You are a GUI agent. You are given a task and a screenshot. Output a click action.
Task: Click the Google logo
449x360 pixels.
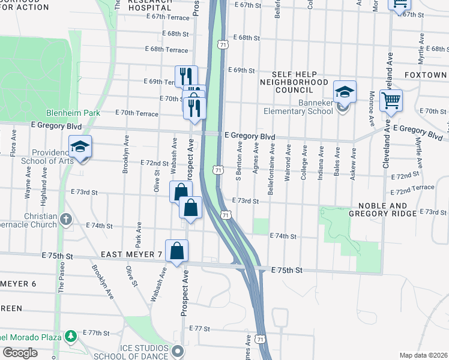[x=20, y=352]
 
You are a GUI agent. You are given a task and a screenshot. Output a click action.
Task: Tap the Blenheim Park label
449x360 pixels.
[x=66, y=113]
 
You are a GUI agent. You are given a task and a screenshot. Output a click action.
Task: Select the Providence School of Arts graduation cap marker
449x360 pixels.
[x=80, y=147]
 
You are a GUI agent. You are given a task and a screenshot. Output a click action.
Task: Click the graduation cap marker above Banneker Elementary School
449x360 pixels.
[x=345, y=92]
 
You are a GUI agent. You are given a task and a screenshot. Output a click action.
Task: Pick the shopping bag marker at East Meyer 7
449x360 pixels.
[x=177, y=251]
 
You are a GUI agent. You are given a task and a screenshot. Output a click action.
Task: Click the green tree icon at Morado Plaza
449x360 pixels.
[x=71, y=335]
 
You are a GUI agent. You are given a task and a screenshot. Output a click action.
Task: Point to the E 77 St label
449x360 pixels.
[x=200, y=329]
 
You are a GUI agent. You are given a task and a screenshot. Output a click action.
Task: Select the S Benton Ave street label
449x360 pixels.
[x=239, y=161]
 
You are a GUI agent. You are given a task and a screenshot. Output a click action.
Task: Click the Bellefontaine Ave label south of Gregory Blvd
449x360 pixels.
[x=272, y=162]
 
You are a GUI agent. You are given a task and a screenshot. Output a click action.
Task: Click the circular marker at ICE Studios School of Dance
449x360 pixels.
[x=176, y=350]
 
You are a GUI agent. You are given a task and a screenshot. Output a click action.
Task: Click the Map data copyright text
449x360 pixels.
[x=424, y=355]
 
